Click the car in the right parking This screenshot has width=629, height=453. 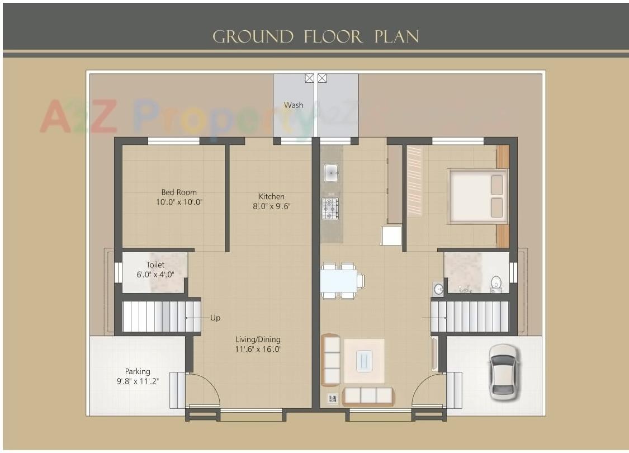point(503,372)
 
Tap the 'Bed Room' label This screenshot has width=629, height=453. point(179,192)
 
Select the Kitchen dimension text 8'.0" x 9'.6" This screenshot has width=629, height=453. point(271,206)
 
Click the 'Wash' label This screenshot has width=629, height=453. point(294,105)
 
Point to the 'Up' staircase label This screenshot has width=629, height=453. point(215,318)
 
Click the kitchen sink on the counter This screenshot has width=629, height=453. point(331,173)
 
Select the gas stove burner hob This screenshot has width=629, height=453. point(330,208)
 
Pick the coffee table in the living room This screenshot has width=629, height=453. point(363,361)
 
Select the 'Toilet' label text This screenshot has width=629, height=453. point(155,265)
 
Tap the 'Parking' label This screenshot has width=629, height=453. point(138,371)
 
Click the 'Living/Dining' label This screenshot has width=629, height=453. point(258,339)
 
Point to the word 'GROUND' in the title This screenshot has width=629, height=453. point(253,37)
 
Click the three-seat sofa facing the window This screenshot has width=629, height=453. point(367,395)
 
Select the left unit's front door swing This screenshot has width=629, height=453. point(202,390)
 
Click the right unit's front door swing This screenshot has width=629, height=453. point(429,390)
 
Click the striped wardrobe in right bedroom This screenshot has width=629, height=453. point(414,181)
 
